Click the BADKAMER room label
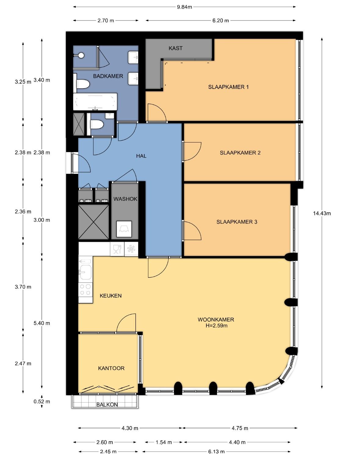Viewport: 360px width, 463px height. pos(108,76)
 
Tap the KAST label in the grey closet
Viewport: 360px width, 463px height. pos(175,48)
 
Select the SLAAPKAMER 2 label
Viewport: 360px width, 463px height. pos(240,153)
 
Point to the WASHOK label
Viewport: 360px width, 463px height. pos(125,199)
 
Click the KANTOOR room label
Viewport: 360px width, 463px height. pos(111,368)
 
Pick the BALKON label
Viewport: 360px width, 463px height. pos(107,405)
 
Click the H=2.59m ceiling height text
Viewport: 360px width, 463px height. pos(217,326)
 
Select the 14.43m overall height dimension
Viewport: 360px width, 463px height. pos(322,213)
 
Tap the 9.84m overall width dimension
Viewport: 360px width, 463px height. pos(184,7)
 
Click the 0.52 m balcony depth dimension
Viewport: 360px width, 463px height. pos(42,401)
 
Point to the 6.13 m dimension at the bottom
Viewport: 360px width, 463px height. pos(216,451)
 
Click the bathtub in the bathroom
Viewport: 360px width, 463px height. pos(95,102)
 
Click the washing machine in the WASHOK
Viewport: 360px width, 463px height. pos(124,229)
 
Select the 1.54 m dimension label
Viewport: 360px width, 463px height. pos(164,442)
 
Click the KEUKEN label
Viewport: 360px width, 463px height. pos(111,295)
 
